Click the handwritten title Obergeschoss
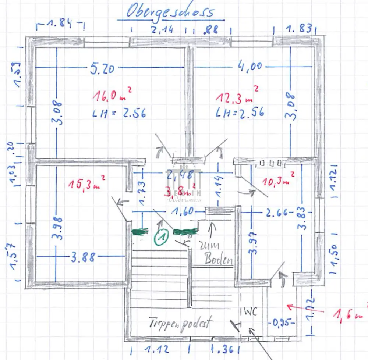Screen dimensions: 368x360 (170, 12)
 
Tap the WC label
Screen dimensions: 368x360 (249, 311)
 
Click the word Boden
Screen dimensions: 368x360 (219, 260)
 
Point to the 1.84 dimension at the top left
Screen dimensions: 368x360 (60, 25)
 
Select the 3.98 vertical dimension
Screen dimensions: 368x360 (57, 228)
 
